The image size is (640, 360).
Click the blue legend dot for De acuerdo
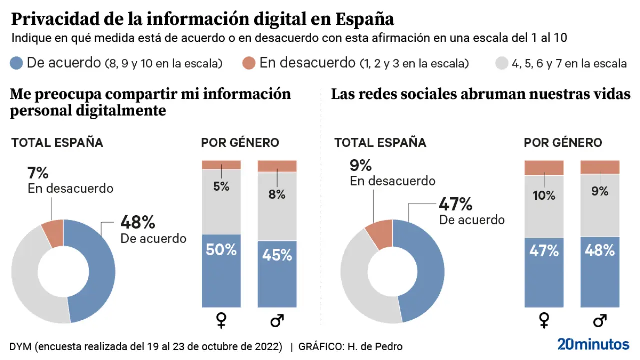(16, 63)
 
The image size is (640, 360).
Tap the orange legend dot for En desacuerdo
(249, 63)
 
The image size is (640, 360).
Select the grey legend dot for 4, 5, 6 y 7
(501, 63)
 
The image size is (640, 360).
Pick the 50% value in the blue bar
(221, 249)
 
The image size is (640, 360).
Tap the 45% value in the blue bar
(277, 255)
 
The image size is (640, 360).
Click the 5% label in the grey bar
(221, 187)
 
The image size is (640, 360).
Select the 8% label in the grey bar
(277, 194)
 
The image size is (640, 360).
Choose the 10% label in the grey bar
(544, 195)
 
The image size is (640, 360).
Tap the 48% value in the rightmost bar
(599, 250)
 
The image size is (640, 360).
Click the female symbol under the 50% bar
(221, 320)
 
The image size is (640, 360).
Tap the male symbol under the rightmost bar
(599, 320)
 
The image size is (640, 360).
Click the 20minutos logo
(593, 344)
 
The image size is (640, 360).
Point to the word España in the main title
(365, 19)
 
